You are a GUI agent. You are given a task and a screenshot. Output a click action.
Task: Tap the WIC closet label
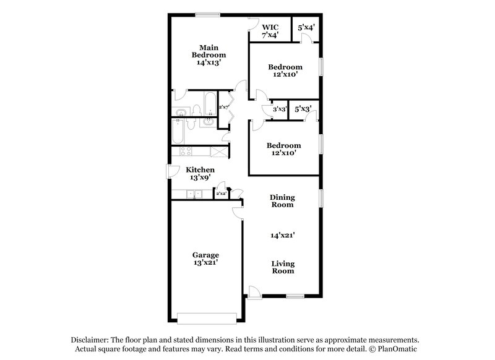coord(270,31)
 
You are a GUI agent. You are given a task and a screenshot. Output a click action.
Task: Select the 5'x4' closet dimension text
coord(307,28)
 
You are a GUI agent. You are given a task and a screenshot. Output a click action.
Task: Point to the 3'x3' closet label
coord(278,109)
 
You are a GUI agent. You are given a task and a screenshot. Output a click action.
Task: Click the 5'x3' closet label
coord(304,109)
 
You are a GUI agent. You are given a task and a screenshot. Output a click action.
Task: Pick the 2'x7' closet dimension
coord(223,107)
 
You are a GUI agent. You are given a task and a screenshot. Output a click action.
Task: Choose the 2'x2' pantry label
coord(221,194)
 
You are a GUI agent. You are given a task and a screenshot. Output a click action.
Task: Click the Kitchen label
coord(200,173)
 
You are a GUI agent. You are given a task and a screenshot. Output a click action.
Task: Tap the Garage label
coord(205,258)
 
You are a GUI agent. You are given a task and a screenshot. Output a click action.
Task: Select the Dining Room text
coord(282,201)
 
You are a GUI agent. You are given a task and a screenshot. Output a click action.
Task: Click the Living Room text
coord(282,267)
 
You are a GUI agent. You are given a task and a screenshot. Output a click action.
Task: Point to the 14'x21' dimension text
coord(282,235)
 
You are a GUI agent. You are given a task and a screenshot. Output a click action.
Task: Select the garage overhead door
coord(206,318)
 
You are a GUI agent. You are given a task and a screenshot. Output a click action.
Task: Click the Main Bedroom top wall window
coord(207,14)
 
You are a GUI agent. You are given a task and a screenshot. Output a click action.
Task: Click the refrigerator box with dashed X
coord(219,151)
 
